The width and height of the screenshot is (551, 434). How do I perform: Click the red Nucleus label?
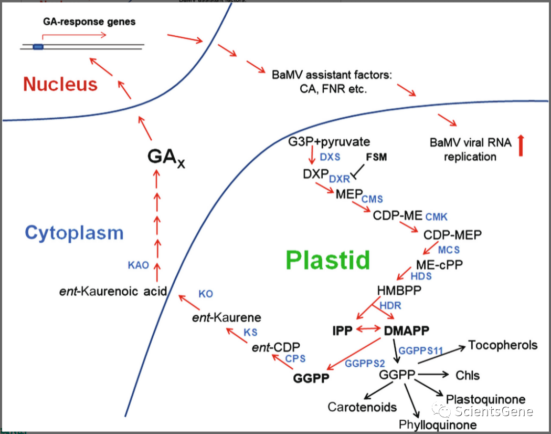[60, 85]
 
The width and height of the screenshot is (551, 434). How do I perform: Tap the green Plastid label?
[328, 260]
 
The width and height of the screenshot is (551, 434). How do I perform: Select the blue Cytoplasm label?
[74, 233]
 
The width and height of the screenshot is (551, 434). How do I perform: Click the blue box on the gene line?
[38, 47]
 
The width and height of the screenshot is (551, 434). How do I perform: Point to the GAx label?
[166, 157]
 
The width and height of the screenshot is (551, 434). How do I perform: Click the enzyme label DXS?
[330, 157]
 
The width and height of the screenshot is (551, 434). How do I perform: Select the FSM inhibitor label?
[376, 157]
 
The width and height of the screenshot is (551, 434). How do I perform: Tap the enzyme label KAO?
[139, 265]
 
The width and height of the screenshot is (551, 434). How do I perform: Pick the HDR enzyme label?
[390, 305]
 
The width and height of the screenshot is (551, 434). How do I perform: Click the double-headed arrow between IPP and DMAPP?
[368, 329]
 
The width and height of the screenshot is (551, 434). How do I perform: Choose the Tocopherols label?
[503, 345]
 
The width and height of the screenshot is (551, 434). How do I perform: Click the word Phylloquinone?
[438, 425]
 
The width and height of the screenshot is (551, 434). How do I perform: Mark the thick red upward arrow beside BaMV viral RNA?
[521, 146]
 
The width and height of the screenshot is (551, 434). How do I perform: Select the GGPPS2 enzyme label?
[365, 364]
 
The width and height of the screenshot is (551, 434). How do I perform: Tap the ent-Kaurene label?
[227, 317]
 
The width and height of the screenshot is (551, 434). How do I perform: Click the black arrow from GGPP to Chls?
[433, 375]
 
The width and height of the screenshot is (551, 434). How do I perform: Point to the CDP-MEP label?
[452, 235]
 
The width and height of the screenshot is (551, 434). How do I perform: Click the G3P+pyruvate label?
[329, 142]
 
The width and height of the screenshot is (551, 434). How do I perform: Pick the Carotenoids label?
[362, 407]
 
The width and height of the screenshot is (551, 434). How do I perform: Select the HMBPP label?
[399, 291]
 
